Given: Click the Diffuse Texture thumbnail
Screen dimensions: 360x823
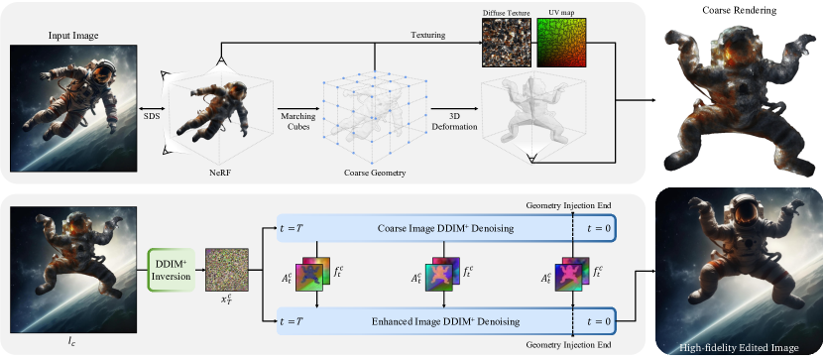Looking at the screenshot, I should [x=507, y=42].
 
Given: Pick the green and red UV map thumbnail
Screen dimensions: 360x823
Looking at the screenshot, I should [x=563, y=42].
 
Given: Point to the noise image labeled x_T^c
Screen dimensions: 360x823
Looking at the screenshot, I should [x=227, y=268].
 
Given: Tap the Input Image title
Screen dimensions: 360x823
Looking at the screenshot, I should [x=72, y=37].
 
